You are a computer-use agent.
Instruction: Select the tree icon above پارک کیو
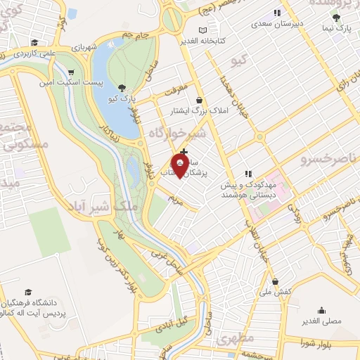[x=123, y=88]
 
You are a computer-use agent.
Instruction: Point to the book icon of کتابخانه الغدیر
[x=203, y=30]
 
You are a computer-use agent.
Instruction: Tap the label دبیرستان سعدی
[x=277, y=23]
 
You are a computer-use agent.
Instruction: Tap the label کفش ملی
[x=275, y=290]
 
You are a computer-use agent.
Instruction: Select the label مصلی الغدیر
[x=321, y=321]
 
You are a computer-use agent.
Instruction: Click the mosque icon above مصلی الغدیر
[x=321, y=309]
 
